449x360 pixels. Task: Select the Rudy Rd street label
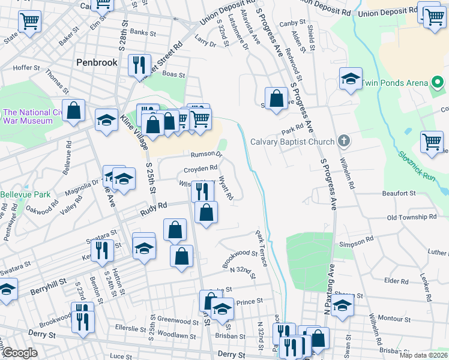click(153, 209)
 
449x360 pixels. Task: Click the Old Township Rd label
click(412, 217)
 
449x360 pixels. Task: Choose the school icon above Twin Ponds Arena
click(351, 78)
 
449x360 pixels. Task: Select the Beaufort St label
click(399, 193)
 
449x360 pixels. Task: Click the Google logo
click(20, 353)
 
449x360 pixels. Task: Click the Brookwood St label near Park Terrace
click(240, 259)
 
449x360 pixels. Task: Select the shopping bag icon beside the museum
click(74, 111)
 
